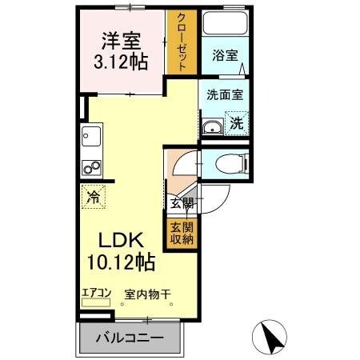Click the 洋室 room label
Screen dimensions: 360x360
(122, 38)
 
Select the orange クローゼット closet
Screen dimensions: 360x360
(182, 45)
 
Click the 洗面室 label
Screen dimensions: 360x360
(225, 93)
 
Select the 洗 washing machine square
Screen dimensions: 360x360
(237, 123)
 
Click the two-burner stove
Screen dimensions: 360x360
(90, 169)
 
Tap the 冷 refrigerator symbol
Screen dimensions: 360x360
(94, 196)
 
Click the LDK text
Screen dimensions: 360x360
(121, 240)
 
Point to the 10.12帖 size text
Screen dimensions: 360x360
(121, 261)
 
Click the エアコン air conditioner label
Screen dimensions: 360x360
(95, 293)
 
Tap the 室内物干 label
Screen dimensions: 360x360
(147, 294)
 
